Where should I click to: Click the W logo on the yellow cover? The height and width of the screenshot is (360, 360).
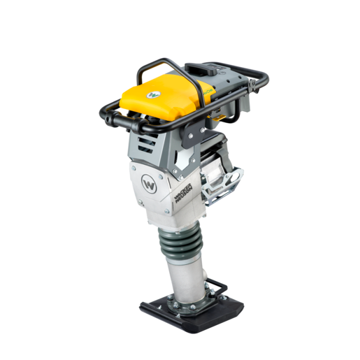pyautogui.click(x=153, y=92)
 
